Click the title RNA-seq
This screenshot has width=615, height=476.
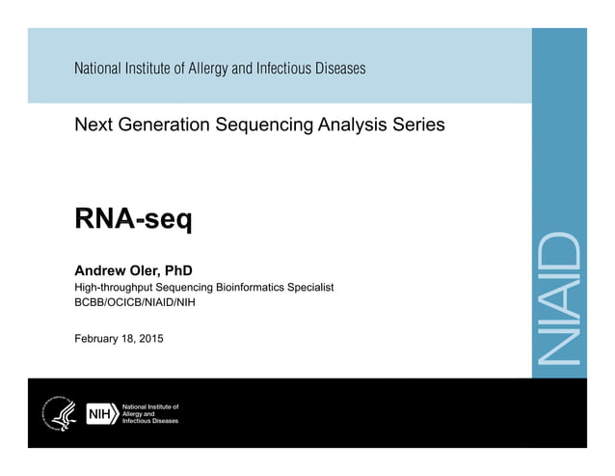click(x=133, y=220)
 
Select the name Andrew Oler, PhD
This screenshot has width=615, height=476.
click(x=134, y=270)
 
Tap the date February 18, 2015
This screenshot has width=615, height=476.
click(x=119, y=338)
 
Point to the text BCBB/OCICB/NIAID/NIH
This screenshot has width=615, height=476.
click(x=135, y=303)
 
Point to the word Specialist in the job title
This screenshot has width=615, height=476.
click(x=309, y=288)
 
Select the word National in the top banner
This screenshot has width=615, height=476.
click(x=98, y=69)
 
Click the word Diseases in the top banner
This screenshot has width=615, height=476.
click(x=338, y=69)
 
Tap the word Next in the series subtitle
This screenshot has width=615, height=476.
click(x=92, y=125)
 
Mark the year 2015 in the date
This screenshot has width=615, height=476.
click(x=149, y=338)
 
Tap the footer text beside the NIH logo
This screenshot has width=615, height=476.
click(x=149, y=414)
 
